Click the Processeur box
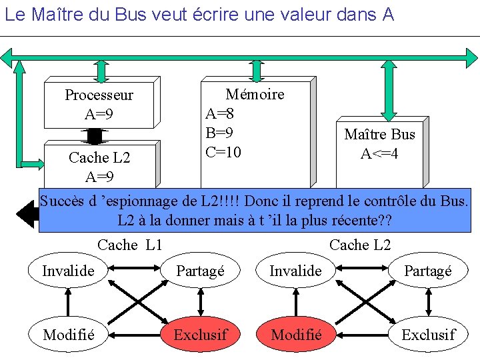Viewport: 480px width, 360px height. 99,104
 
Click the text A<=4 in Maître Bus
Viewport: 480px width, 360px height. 379,154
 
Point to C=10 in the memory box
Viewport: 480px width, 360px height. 223,152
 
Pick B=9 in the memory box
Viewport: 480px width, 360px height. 219,133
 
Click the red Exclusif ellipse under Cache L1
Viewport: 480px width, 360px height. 200,334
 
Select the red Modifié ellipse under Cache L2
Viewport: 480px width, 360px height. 296,334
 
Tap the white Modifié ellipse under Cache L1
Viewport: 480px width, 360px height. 69,334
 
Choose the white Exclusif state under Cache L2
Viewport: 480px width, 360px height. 428,334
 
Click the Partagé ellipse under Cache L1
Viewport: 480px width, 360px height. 200,271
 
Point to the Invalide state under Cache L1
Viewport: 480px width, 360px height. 68,271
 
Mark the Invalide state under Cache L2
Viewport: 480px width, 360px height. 295,271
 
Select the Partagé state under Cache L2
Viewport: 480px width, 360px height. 428,271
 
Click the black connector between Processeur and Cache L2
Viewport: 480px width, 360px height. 95,135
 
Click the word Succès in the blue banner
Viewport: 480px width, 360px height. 63,200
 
